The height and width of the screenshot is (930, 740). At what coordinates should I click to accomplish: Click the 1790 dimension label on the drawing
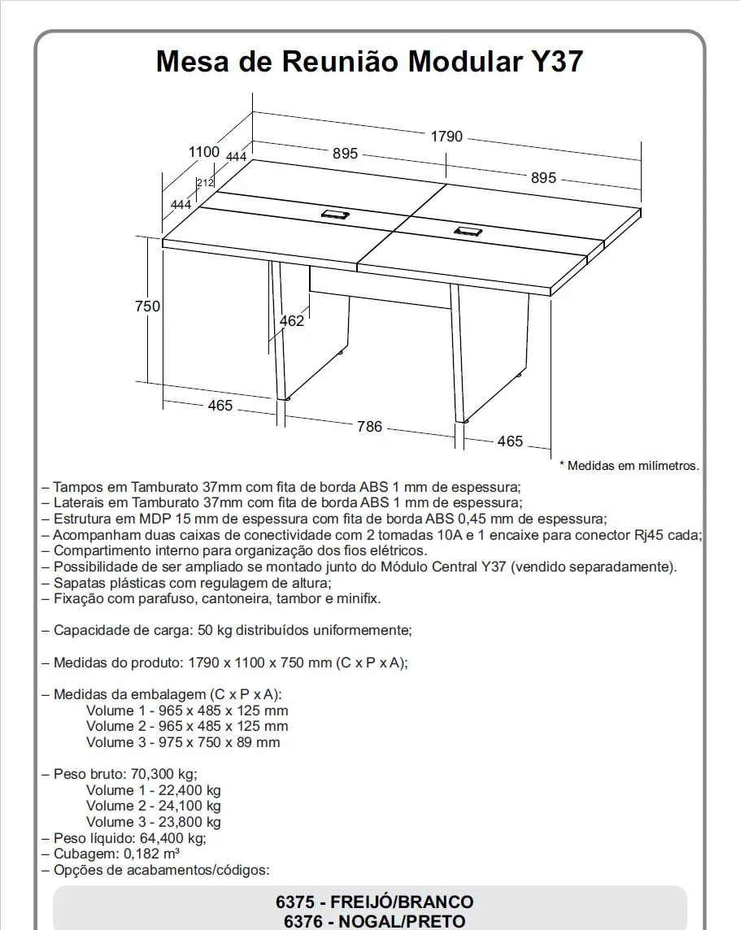446,137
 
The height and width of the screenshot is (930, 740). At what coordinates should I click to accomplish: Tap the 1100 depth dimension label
204,151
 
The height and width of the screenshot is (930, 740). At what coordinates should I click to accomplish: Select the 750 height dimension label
147,306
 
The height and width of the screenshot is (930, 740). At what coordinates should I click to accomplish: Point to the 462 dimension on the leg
291,321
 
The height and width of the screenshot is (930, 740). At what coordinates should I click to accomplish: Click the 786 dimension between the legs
369,426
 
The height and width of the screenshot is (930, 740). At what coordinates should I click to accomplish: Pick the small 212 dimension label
205,183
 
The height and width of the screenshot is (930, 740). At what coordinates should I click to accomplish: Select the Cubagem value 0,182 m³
151,854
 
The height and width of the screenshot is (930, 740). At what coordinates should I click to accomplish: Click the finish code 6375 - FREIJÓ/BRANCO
374,902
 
